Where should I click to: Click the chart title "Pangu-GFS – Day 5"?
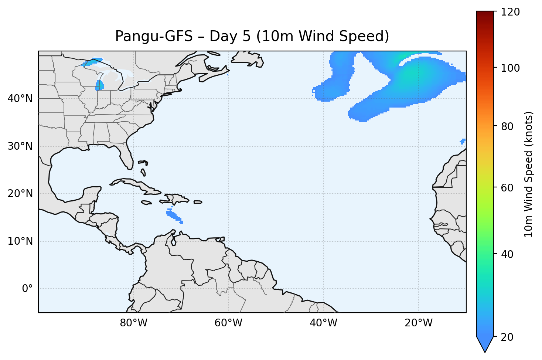(252, 36)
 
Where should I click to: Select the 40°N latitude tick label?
(20, 99)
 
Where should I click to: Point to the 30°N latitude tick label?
(20, 146)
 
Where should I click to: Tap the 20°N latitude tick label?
(20, 194)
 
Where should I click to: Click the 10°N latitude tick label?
(20, 241)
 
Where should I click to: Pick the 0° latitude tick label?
(27, 289)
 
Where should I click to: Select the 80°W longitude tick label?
(133, 323)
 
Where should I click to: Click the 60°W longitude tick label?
(228, 323)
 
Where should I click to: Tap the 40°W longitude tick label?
(323, 323)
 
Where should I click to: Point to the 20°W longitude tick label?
(418, 323)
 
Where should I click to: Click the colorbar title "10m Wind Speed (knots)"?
(529, 174)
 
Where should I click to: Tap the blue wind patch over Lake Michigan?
(99, 86)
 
